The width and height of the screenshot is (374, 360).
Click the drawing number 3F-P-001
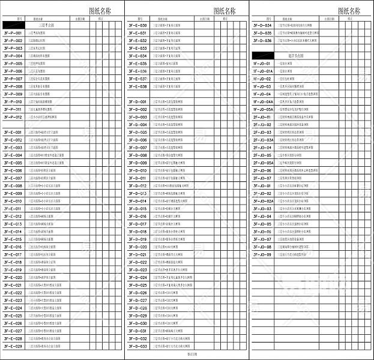(13, 33)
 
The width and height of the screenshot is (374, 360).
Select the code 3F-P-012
(13, 117)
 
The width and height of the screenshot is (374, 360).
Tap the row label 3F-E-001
(13, 132)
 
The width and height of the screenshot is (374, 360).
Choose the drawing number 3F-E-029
(13, 346)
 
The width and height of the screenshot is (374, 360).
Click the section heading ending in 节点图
(289, 55)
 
